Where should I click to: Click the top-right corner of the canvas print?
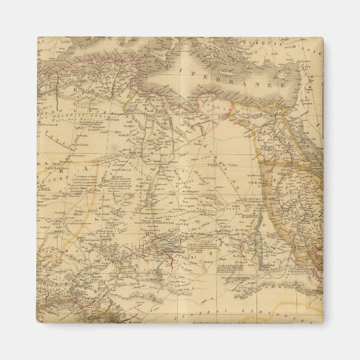(x=323, y=37)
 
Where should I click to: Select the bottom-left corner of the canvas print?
(x=37, y=323)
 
